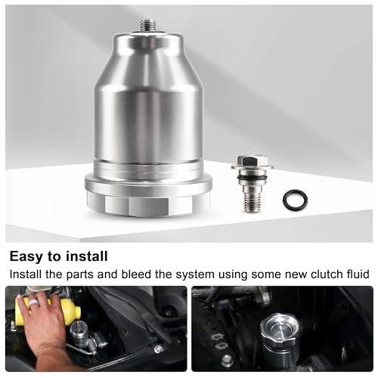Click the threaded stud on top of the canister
(145, 25)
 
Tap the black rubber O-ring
(295, 200)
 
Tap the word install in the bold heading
(88, 256)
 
